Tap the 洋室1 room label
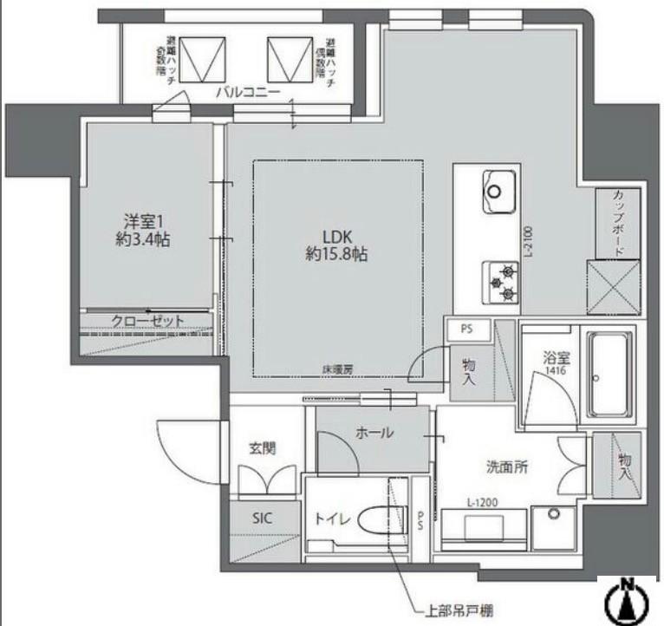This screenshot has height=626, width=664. (x=142, y=230)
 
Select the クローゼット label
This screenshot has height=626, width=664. (x=147, y=321)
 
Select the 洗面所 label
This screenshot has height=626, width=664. (x=507, y=466)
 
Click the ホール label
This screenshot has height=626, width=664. (x=374, y=433)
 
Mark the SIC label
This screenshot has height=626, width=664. (x=263, y=518)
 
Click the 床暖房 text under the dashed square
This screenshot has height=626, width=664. (x=337, y=369)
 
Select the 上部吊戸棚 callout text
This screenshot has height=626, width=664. (x=456, y=610)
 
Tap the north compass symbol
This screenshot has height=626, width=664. (x=627, y=600)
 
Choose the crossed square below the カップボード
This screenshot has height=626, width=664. (x=613, y=287)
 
